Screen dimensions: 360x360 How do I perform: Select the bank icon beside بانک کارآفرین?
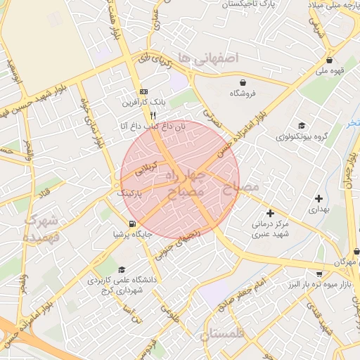144,92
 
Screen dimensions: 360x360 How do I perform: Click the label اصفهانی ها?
209,57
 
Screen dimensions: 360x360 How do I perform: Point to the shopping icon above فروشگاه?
243,82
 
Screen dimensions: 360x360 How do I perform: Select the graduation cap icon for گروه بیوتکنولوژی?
302,124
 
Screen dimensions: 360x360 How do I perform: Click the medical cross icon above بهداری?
320,199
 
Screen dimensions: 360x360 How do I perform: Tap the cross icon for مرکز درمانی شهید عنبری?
269,212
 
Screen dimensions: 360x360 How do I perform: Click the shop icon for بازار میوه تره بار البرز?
320,274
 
